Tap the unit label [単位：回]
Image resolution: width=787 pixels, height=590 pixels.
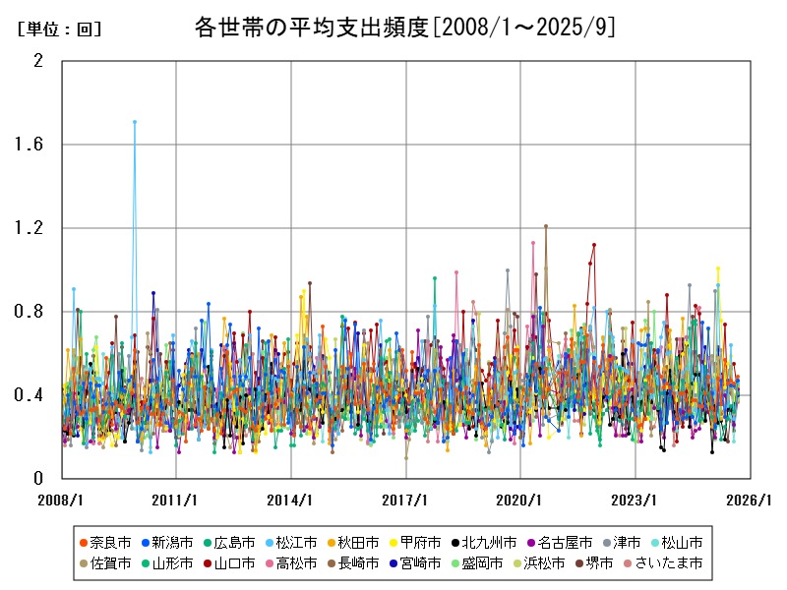(60, 29)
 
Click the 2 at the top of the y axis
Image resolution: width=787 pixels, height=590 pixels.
(38, 61)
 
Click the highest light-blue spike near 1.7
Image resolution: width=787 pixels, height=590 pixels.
(135, 122)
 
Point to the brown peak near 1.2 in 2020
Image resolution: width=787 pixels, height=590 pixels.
(545, 226)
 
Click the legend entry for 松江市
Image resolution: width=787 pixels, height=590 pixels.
(296, 542)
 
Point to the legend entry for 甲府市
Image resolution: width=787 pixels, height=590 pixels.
(420, 542)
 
